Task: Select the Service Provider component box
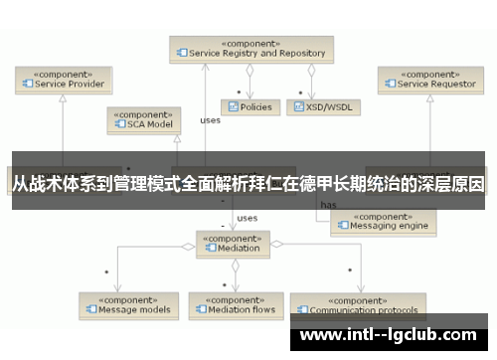(61, 79)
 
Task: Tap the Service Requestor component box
(429, 79)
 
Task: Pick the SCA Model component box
(144, 120)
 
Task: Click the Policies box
(249, 105)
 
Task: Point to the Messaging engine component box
(383, 220)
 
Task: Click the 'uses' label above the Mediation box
(248, 217)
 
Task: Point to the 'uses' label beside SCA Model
(210, 120)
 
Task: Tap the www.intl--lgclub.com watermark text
(394, 336)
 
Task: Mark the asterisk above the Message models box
(106, 271)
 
